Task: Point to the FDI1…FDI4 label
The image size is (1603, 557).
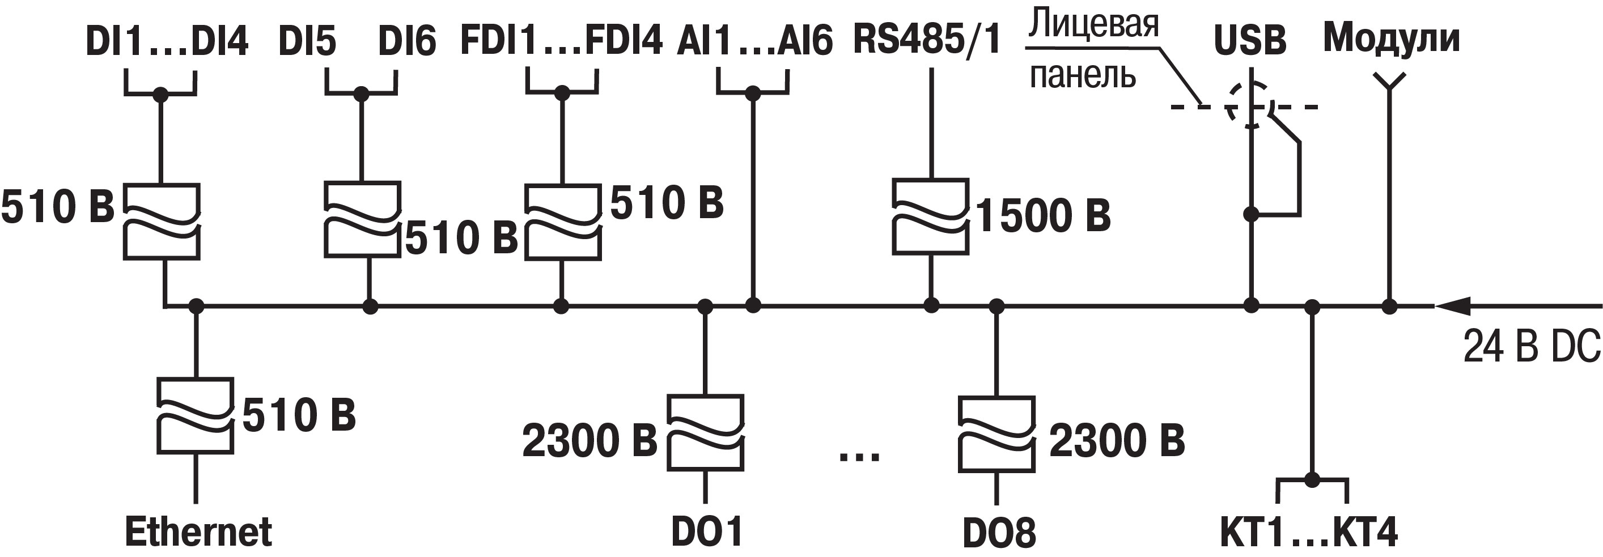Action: tap(561, 40)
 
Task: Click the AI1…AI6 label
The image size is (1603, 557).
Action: tap(754, 41)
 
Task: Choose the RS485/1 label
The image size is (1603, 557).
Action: tap(927, 39)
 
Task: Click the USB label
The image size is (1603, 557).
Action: tap(1250, 40)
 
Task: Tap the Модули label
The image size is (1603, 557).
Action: tap(1392, 39)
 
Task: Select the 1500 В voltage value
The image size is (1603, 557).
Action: tap(1043, 216)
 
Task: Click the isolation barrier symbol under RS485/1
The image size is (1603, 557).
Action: tap(931, 216)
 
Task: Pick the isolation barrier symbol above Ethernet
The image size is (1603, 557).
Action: tap(196, 415)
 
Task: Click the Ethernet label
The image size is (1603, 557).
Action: tap(198, 532)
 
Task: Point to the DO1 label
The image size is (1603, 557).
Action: tap(707, 532)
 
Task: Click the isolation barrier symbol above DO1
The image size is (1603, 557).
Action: tap(705, 432)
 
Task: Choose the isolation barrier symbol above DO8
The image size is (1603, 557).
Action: tap(997, 434)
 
